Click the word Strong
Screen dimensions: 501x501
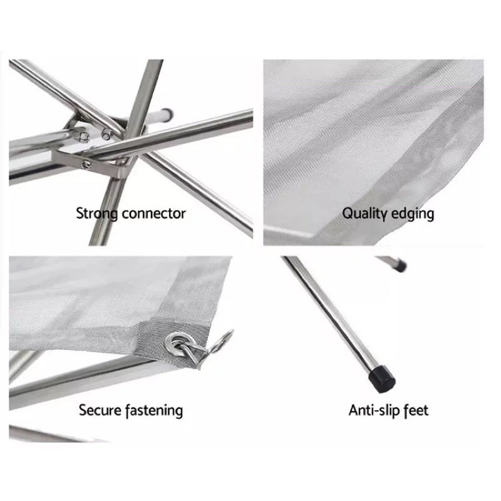click(x=97, y=214)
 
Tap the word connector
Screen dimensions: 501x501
click(x=153, y=214)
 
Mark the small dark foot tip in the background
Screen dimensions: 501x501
click(x=401, y=266)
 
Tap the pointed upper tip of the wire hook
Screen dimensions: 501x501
click(x=231, y=331)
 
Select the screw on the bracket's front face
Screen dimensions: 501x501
click(x=85, y=165)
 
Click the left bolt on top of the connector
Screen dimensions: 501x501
click(x=84, y=137)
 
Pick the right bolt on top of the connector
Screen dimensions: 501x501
click(x=106, y=134)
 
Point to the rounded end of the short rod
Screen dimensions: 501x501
click(x=168, y=113)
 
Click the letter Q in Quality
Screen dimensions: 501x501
click(x=348, y=213)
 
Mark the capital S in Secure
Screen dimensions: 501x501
click(x=83, y=410)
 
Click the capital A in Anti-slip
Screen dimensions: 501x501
click(x=354, y=410)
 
